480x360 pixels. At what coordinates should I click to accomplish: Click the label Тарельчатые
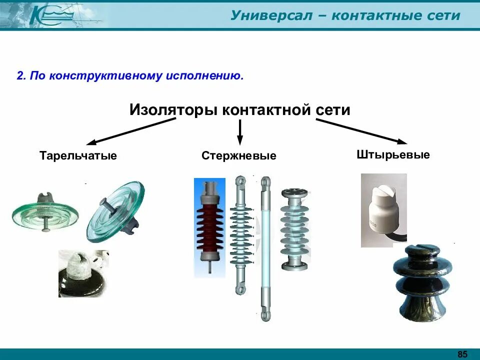[78, 156]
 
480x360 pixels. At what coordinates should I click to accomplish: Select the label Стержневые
[239, 156]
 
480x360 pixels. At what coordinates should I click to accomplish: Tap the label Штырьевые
[393, 154]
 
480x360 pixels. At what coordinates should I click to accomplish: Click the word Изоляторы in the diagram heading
[174, 110]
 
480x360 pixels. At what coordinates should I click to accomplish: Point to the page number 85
[462, 354]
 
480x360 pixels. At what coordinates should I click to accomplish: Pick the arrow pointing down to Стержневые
[239, 133]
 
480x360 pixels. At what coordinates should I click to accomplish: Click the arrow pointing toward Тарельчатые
[125, 131]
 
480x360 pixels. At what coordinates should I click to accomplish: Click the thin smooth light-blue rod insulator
[265, 247]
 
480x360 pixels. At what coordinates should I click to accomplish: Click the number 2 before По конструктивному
[20, 76]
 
